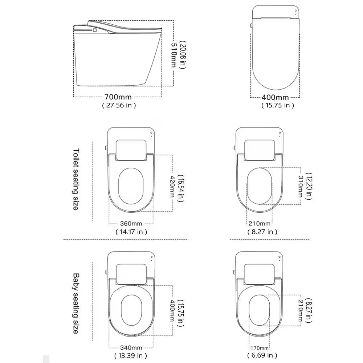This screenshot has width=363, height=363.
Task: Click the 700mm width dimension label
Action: (x=118, y=97)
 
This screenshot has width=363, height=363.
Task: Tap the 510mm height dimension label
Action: (x=174, y=55)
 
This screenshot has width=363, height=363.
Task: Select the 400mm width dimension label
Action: (x=275, y=97)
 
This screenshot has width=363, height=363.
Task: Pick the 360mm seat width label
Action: (x=131, y=223)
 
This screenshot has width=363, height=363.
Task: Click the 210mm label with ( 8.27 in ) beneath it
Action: (x=260, y=223)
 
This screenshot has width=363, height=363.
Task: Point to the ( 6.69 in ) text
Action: (x=262, y=355)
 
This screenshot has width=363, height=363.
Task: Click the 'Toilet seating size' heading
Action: (x=76, y=179)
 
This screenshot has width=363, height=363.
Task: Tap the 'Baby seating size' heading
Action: (x=76, y=303)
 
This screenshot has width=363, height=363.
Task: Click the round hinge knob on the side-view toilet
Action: (x=95, y=30)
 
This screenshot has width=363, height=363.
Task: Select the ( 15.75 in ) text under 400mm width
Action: (x=278, y=105)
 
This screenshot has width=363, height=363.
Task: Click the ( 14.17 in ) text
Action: (x=131, y=232)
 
